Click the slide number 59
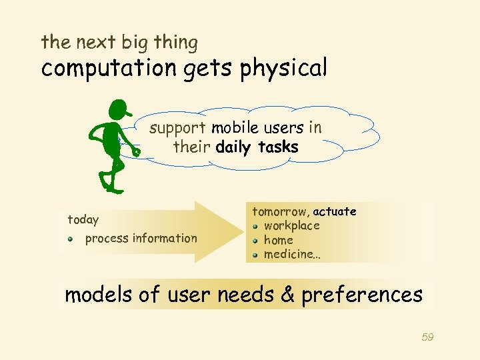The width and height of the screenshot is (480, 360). tap(427, 337)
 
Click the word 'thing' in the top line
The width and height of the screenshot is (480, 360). tap(175, 43)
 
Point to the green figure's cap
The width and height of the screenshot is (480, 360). tap(120, 108)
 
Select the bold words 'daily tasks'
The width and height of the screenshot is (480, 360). tap(257, 147)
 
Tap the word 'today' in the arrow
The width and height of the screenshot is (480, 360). tap(83, 220)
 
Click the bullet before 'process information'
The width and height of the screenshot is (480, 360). tap(71, 239)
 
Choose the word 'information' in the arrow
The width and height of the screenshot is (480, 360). tap(165, 238)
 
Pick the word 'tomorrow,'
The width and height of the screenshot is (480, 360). tap(280, 212)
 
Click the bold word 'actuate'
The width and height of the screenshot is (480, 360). tap(335, 211)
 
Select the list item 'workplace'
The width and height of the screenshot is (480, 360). tap(291, 225)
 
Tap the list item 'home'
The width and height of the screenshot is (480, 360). tap(278, 240)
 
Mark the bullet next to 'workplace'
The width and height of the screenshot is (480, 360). tap(255, 226)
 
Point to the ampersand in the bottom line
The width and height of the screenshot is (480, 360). tap(287, 295)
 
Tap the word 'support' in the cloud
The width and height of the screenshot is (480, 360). tap(177, 128)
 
